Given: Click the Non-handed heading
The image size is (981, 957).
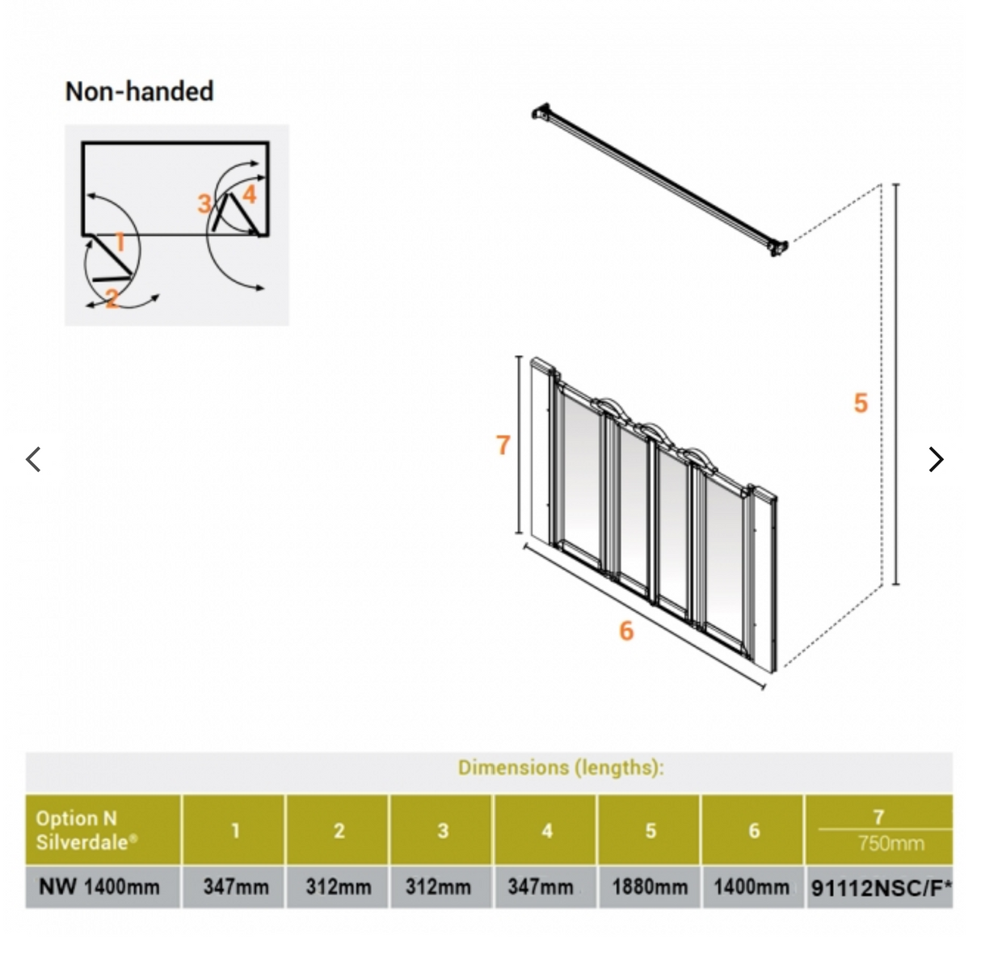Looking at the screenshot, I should point(139,91).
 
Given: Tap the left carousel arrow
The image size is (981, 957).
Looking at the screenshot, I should point(34,459).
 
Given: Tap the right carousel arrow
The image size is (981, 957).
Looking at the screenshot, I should point(936,459).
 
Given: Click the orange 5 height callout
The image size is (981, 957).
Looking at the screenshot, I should point(861,403).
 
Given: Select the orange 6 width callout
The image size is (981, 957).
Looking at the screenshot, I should point(626,630).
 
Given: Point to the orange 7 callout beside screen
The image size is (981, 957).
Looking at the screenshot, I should point(503,445).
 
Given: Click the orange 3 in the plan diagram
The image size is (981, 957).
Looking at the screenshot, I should point(204,203).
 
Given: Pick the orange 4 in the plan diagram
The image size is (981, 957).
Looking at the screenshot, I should point(249,194).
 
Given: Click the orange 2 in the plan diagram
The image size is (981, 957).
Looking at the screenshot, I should point(112,298).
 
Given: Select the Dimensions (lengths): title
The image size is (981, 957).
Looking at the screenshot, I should point(561,767).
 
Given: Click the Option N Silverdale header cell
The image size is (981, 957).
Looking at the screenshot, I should point(103,830).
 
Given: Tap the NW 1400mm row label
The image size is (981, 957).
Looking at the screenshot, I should point(99,887).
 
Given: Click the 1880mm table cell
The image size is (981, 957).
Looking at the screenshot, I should point(650,887).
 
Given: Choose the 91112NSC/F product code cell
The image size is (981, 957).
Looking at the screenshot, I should point(881,888).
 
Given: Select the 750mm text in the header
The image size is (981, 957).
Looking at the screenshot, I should point(890,844).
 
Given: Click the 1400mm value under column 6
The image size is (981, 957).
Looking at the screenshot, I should point(752,887).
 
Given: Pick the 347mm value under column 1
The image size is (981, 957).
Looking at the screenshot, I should point(235,887).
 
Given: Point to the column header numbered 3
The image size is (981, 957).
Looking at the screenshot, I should point(443,830).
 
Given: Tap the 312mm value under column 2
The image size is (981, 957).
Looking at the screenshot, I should point(339,887).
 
